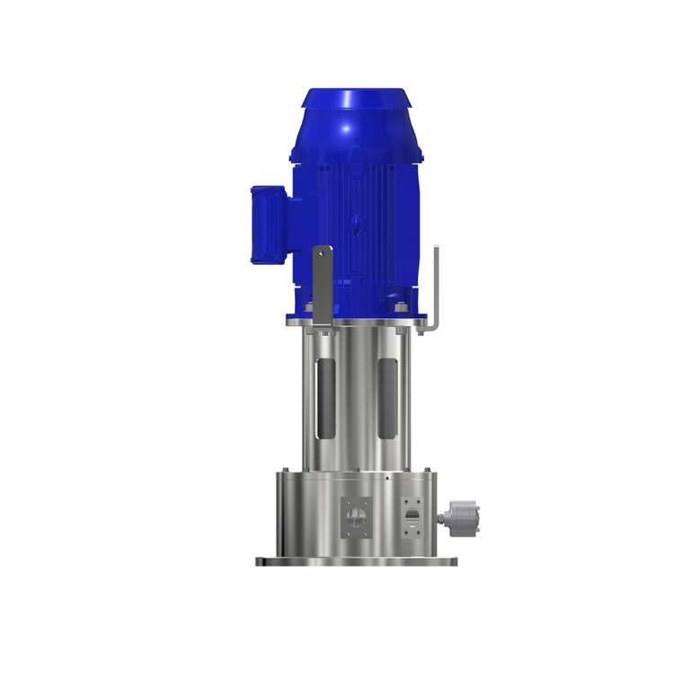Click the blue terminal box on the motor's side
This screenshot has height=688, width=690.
point(268,224)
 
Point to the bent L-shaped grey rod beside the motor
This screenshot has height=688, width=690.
point(436,287)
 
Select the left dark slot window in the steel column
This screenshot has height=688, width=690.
point(328,396)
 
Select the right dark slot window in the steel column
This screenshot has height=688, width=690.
point(389,396)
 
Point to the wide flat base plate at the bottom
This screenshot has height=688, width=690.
point(357,561)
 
